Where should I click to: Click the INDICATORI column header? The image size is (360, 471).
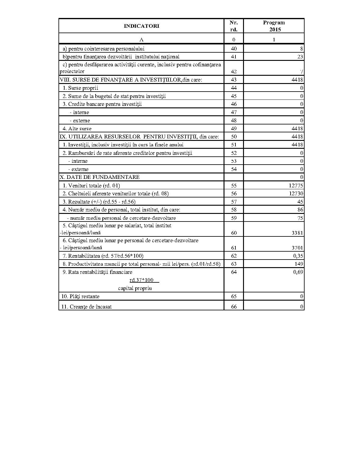coord(141,26)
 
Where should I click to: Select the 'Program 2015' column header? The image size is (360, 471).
coord(274,26)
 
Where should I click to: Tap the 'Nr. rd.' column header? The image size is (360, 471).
coord(234,26)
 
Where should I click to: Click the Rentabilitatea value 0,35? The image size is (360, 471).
coord(298,256)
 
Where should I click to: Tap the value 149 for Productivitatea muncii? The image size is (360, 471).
coord(299,264)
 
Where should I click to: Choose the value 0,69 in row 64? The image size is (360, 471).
coord(298,272)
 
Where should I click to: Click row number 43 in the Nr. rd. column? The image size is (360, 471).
coord(234,80)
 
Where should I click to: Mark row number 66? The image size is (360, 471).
coord(234,307)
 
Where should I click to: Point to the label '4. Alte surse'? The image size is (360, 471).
coord(77,129)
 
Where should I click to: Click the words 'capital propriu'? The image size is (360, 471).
coord(135,288)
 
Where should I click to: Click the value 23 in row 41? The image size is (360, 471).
coord(300,57)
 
